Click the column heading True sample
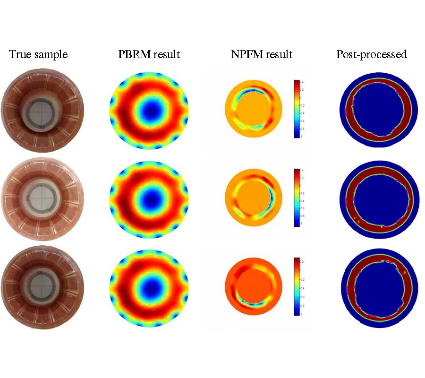click(x=38, y=54)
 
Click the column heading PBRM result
click(x=149, y=54)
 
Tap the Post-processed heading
click(x=372, y=54)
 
